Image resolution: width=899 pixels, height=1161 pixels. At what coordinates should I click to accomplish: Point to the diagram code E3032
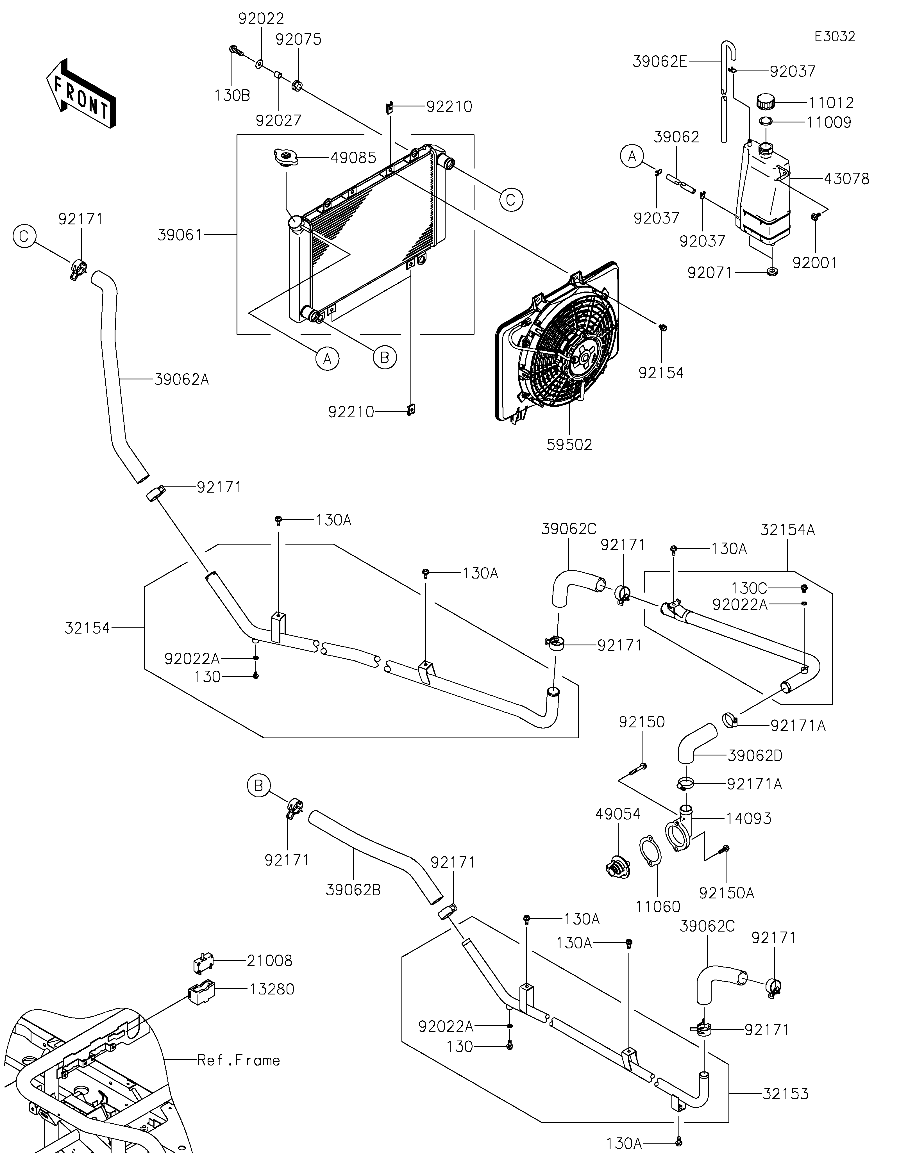[x=835, y=37]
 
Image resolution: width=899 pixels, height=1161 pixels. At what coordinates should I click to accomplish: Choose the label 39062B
[x=353, y=890]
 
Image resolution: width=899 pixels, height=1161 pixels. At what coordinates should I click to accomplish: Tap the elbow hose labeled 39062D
[x=696, y=744]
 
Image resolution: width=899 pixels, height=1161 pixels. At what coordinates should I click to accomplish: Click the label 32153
[x=785, y=1094]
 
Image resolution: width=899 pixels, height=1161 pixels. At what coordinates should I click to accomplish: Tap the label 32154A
[x=787, y=529]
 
